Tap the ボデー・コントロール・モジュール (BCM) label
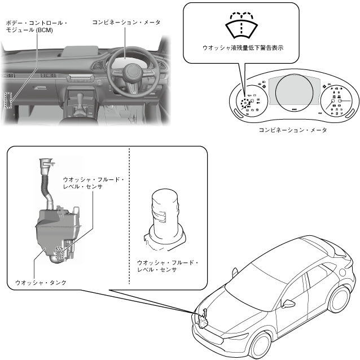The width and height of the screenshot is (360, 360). click(x=36, y=27)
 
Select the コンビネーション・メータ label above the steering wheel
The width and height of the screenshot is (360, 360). click(x=126, y=23)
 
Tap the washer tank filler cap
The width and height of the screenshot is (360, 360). click(x=43, y=164)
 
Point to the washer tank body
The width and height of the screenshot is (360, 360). click(x=51, y=231)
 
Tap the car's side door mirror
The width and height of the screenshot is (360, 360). click(x=289, y=305)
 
